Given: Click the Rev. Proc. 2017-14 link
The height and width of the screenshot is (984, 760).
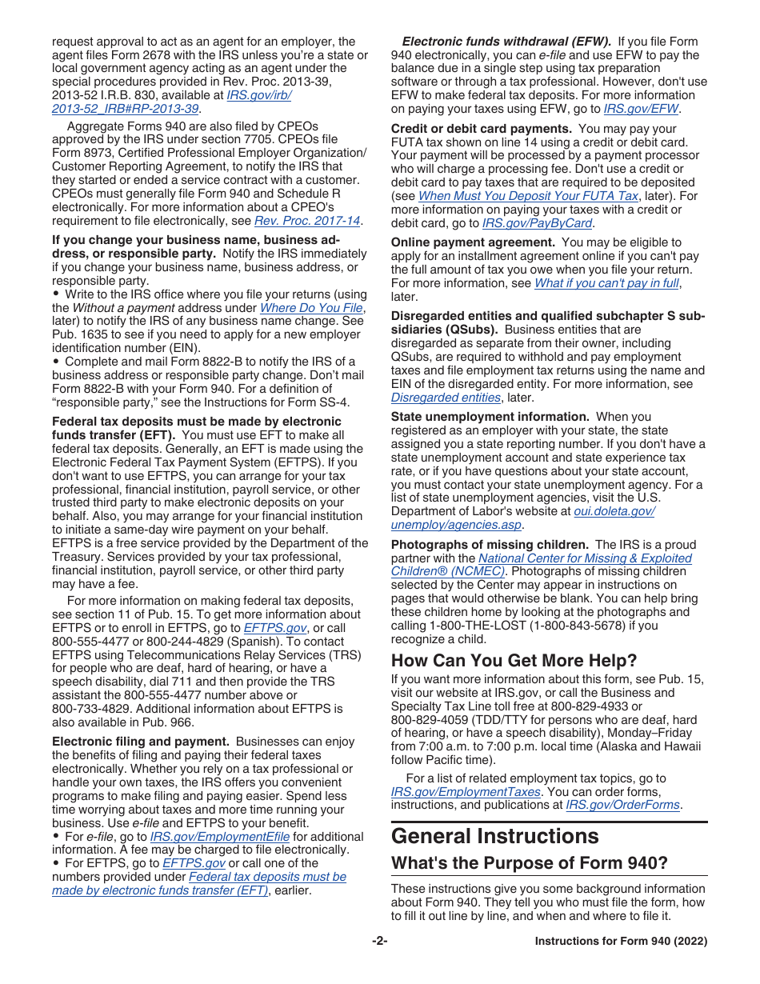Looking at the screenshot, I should (x=307, y=221).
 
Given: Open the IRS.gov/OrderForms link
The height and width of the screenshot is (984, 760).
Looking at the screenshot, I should (x=623, y=806).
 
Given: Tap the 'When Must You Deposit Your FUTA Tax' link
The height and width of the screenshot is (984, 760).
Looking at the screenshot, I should (x=528, y=196).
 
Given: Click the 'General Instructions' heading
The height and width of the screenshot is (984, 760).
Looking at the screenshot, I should (x=494, y=837).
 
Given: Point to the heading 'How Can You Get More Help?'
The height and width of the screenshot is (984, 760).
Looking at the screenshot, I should (x=514, y=661).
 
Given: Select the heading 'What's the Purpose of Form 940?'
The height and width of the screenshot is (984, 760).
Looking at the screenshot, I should (x=529, y=864).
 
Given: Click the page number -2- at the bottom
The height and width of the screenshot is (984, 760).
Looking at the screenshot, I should (x=379, y=942).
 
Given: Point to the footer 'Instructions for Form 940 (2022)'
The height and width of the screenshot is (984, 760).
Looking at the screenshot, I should (x=621, y=942).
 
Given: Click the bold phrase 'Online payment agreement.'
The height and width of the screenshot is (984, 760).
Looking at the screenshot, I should (x=473, y=242).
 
